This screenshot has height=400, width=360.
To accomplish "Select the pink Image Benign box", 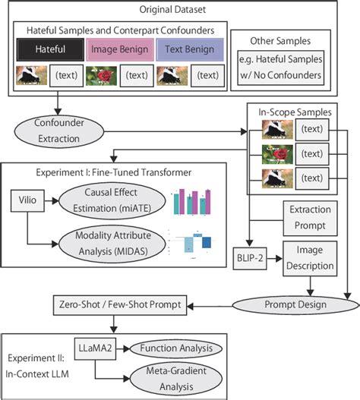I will (118, 51).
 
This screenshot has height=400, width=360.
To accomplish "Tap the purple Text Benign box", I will (188, 51).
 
